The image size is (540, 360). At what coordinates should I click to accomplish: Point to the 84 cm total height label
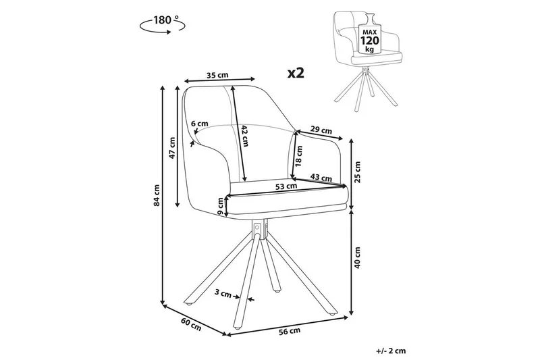click(x=157, y=195)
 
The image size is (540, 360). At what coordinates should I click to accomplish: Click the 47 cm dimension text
click(x=173, y=147)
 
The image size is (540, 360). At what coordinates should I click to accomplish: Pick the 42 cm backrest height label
click(x=244, y=137)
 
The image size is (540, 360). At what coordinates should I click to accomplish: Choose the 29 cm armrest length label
click(x=321, y=130)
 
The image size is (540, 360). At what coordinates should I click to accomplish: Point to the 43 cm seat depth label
click(x=321, y=178)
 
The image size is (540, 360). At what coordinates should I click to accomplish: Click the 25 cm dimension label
click(x=358, y=172)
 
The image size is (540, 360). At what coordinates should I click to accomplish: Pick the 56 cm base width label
click(x=289, y=331)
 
